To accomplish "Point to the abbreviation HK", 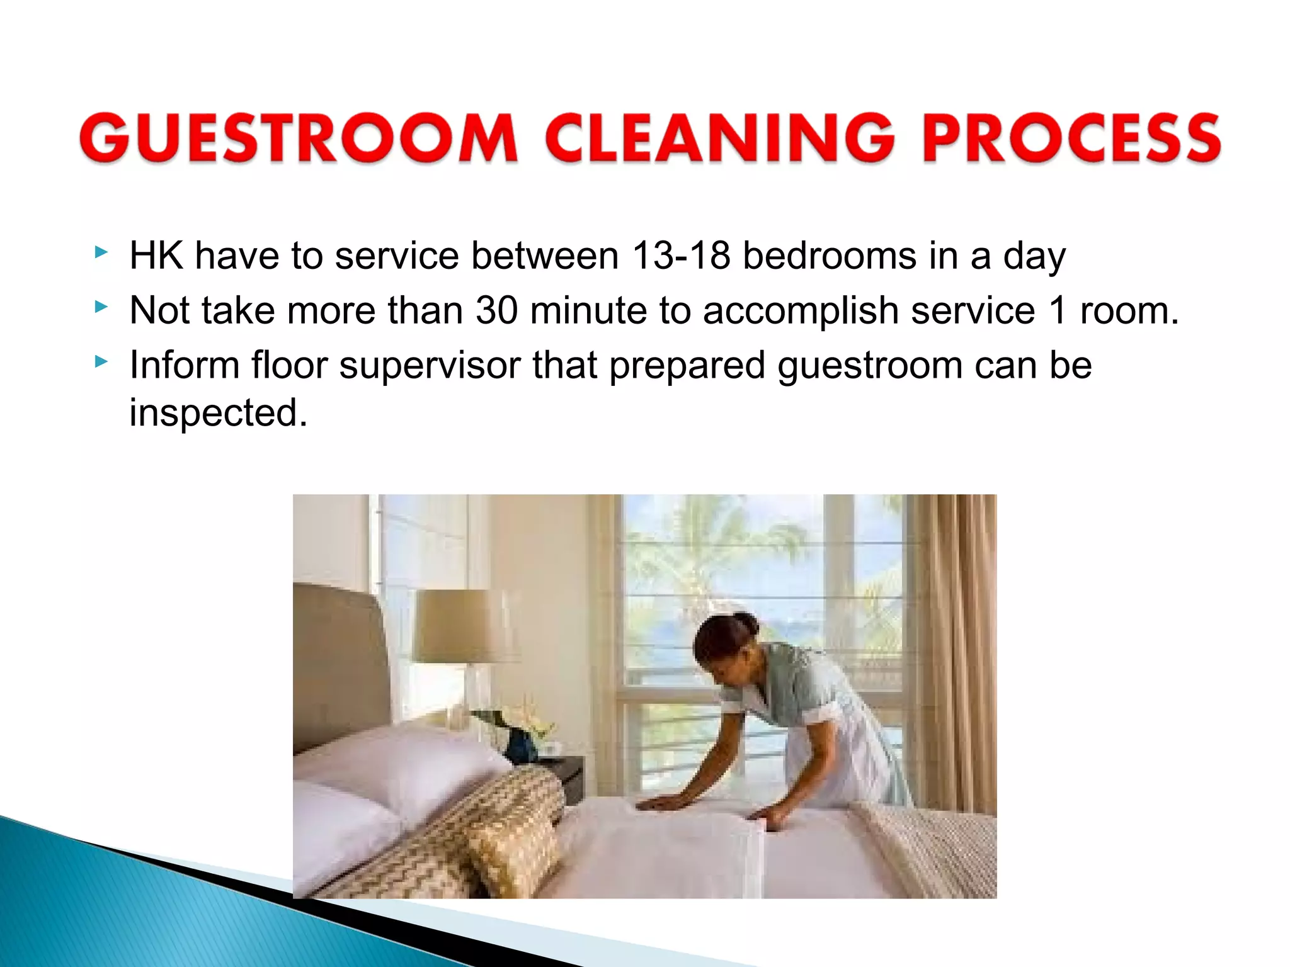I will coord(156,256).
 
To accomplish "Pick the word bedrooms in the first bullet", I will coord(830,256).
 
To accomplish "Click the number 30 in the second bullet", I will coord(497,310).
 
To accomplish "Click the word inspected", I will coord(218,414).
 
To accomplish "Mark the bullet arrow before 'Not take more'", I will coord(101,307).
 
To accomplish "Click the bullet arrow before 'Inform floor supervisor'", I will coord(101,362).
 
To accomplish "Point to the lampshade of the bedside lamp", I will coord(460,626).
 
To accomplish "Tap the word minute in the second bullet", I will coord(588,310).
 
